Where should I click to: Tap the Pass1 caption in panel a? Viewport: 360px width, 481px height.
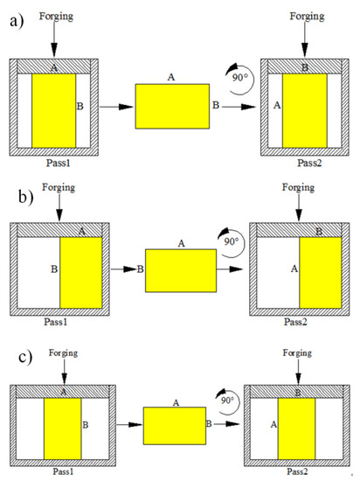53,163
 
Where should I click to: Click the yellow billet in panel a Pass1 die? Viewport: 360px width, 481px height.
53,110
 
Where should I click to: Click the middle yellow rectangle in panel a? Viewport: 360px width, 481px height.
171,107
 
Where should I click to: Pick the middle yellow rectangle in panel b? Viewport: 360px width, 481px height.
180,269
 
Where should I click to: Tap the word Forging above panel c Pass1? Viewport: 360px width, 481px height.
63,352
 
